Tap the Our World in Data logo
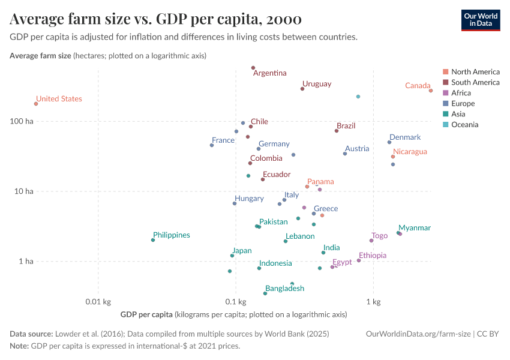pos(480,20)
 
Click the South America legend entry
pos(475,82)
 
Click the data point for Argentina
pos(253,68)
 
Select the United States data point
pos(36,104)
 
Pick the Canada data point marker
pos(431,91)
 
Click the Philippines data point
pos(153,240)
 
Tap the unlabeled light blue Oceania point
pos(358,97)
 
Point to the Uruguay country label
pos(317,84)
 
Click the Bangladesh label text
pos(284,289)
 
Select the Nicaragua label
pos(410,152)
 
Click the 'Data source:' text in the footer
pos(31,334)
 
